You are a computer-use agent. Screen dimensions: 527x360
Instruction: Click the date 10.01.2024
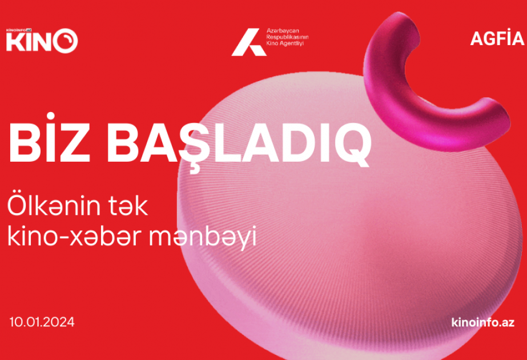coord(42,322)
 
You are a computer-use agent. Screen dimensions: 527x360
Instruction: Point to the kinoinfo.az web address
coord(483,322)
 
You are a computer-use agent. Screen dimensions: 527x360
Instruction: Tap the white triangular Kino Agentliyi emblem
coord(249,42)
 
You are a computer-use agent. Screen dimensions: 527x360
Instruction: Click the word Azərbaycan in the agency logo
coord(283,31)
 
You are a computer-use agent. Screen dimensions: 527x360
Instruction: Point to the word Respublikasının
coord(287,37)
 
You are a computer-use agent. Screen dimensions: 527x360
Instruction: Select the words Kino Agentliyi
coord(285,43)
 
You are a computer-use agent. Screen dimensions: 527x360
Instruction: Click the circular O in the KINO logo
coord(65,41)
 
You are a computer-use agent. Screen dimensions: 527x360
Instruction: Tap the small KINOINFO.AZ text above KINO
coord(19,30)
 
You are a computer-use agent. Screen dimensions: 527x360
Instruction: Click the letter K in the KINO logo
coord(14,42)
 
